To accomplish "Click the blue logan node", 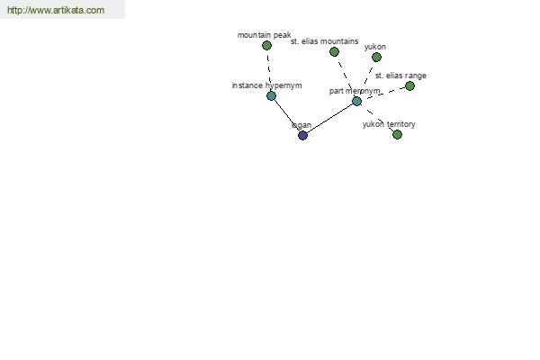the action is pos(302,135).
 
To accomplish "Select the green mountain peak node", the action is pos(266,46).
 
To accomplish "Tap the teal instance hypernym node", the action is pos(272,95).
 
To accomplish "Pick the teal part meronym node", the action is pos(356,102).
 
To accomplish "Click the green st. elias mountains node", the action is pos(334,52).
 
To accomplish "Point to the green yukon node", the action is pos(376,58).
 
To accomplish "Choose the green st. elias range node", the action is pos(409,86).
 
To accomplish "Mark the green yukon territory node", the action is pos(397,135).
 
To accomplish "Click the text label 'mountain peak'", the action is pos(264,35).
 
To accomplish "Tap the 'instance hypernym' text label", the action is pos(267,85).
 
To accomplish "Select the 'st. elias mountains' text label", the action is pos(324,41).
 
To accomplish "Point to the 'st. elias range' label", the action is pos(400,76).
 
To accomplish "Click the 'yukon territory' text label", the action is pos(389,124).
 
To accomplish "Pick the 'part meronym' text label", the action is pos(355,91).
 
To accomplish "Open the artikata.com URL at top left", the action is pos(56,10).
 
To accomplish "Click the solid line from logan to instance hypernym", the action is pos(287,115).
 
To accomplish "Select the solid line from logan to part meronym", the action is pos(329,118).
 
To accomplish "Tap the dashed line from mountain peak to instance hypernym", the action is pos(268,70).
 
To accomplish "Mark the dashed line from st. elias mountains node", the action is pos(345,76).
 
